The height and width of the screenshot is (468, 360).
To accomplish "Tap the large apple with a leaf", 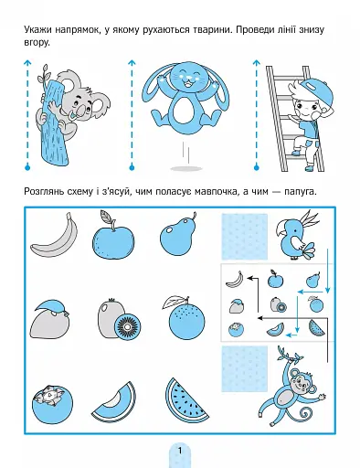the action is [113, 235].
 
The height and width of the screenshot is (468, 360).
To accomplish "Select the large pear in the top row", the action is [178, 235].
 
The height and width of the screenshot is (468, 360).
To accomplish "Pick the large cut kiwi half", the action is [128, 326].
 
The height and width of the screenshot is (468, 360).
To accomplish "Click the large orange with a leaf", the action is [185, 319].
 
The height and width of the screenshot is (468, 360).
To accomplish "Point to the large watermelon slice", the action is [185, 400].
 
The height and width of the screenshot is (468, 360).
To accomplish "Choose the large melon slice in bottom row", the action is [116, 403].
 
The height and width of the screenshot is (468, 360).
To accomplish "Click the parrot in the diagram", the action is [295, 236].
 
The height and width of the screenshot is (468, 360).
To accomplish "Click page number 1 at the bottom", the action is [180, 451].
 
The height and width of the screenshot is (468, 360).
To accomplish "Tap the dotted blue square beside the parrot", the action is [244, 237].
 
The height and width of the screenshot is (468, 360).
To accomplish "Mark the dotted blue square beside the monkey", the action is [244, 368].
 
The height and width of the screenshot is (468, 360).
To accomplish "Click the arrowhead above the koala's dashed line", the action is [27, 62].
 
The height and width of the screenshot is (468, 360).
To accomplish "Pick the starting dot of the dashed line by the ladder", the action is [257, 167].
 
